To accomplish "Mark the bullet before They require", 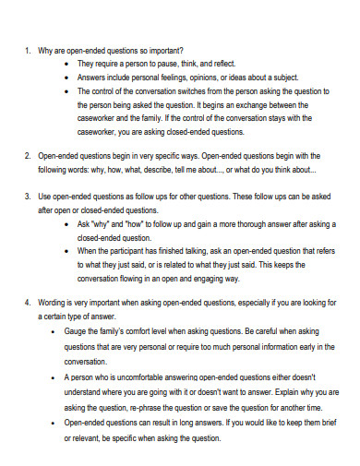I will (70, 64).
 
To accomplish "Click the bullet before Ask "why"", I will (70, 224).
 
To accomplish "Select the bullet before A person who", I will (70, 377).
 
